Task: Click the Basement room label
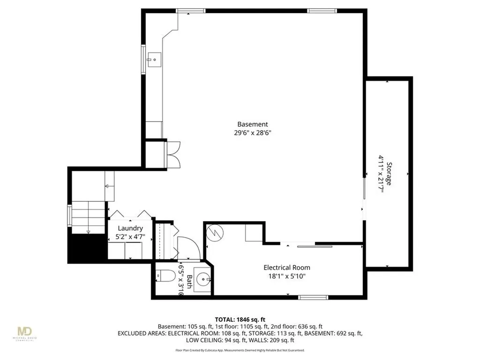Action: point(252,124)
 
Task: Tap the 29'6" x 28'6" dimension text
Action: point(252,133)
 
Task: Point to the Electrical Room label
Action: point(286,268)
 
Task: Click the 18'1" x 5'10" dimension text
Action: point(286,276)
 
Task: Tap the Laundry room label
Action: point(130,228)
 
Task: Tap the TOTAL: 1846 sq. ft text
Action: point(240,319)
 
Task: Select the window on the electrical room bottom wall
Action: point(313,297)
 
